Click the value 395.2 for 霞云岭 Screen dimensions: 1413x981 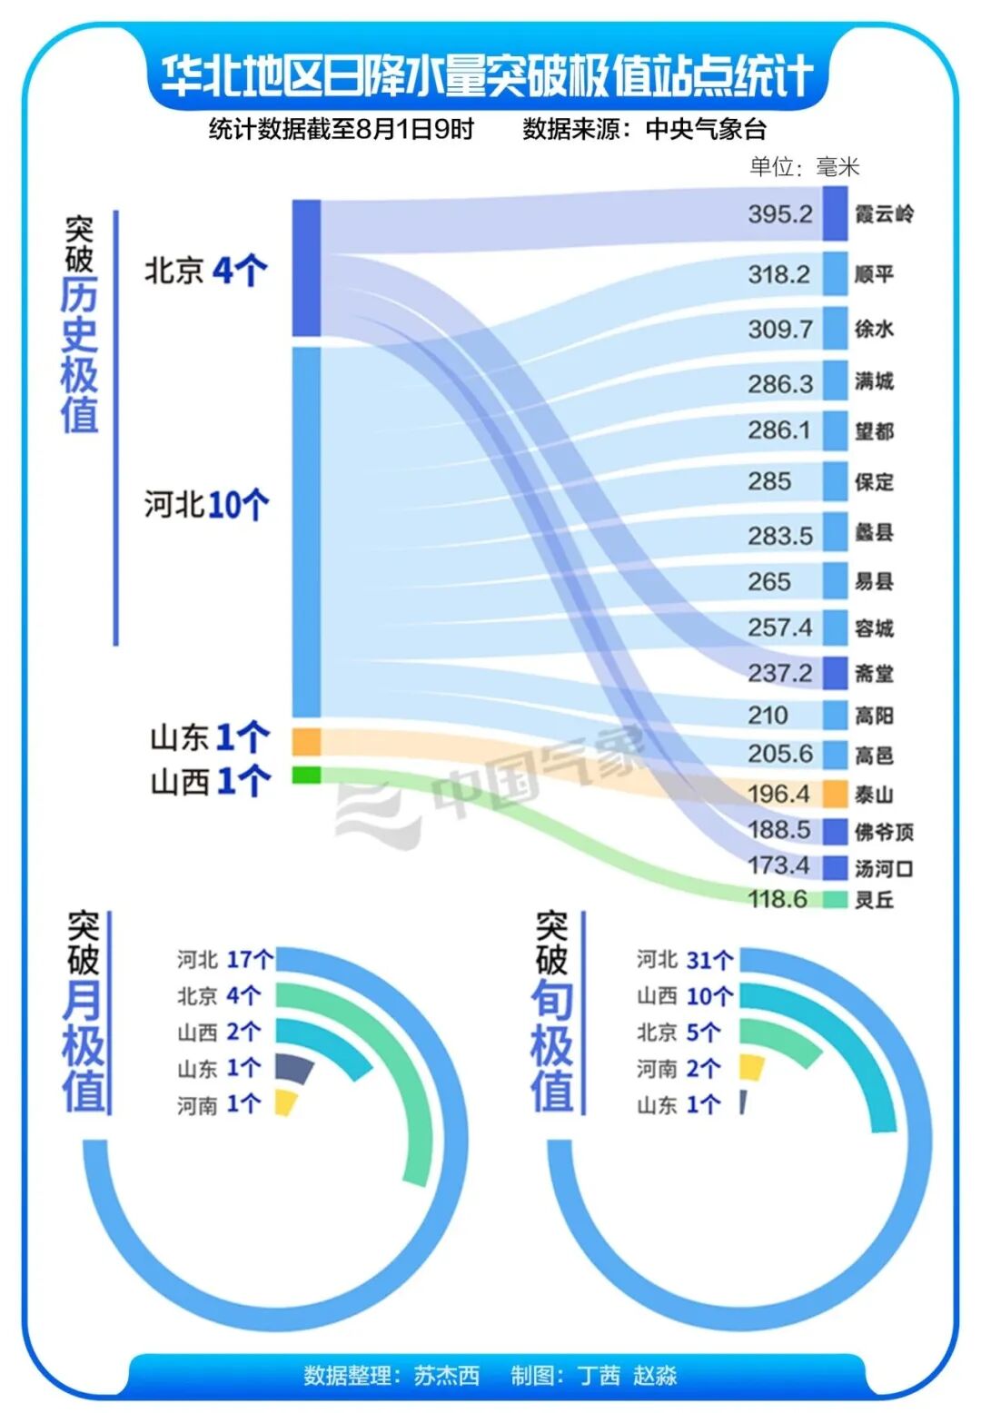pos(779,214)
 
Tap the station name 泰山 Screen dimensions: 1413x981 pos(874,795)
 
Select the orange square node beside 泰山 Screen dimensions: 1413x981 pos(835,794)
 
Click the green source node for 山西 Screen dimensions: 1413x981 pos(306,775)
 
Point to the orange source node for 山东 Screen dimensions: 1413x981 pos(306,741)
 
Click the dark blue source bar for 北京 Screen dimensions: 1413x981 pos(306,268)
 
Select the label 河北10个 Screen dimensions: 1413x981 pos(206,504)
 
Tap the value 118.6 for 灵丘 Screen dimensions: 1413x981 pos(777,899)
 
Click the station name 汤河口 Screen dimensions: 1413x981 pos(883,868)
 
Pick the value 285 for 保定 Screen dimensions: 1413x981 pos(769,481)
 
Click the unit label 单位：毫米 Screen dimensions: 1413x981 pos(804,166)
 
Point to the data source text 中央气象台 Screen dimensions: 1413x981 pos(706,129)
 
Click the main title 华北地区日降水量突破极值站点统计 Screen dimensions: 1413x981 pos(487,75)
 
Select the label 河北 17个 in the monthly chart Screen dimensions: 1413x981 pos(224,960)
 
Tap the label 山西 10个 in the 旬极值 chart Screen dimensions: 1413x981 pos(684,996)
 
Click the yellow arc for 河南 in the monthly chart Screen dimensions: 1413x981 pos(286,1102)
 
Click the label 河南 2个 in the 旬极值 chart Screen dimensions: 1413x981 pos(678,1069)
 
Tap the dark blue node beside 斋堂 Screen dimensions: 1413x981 pos(835,673)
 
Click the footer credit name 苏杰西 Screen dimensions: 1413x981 pos(446,1376)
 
